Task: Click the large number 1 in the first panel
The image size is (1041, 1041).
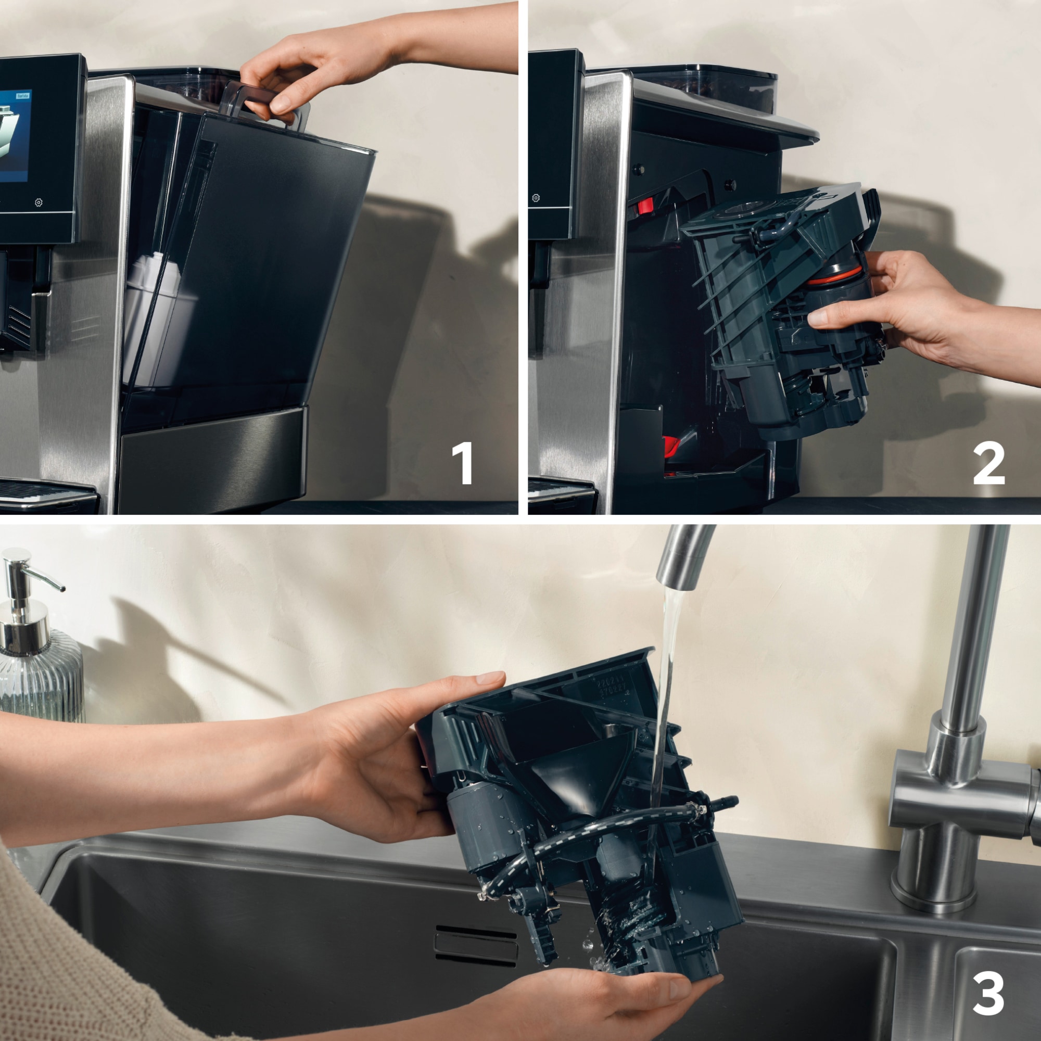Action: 462,463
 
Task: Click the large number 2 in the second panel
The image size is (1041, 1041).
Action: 989,464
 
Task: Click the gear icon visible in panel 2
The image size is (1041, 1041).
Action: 536,198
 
